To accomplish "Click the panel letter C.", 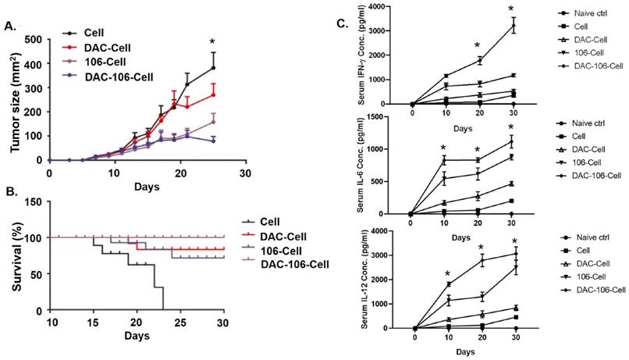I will (342, 23).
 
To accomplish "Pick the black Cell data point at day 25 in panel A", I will (212, 68).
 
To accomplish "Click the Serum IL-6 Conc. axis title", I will (360, 165).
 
